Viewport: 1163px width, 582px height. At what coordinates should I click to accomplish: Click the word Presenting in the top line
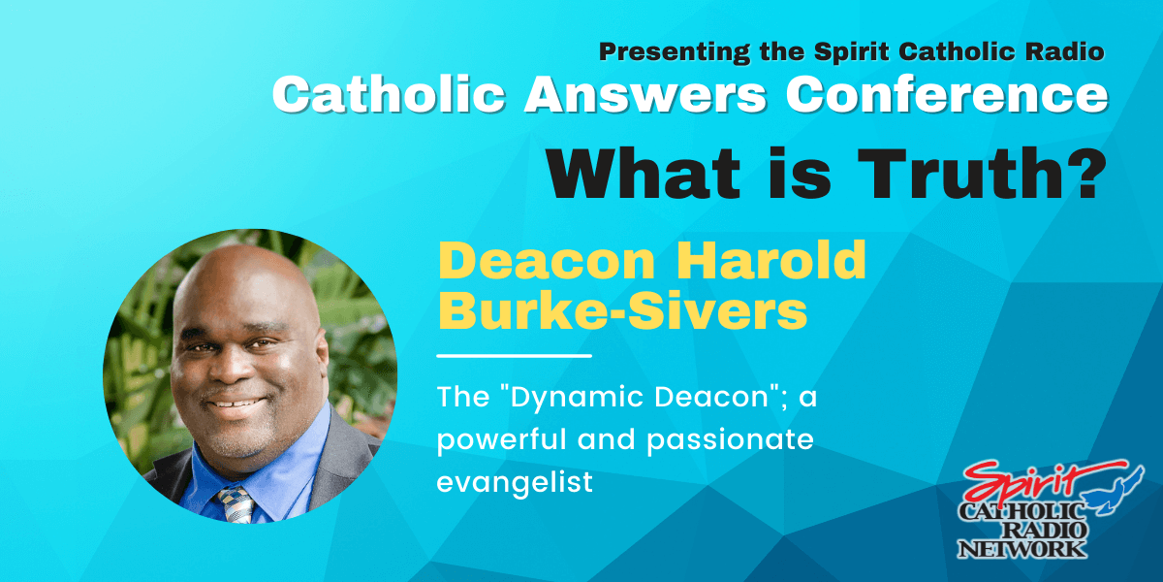point(675,52)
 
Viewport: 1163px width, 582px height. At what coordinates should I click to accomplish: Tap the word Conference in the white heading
point(947,95)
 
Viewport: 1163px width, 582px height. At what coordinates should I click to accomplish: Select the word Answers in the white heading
point(645,95)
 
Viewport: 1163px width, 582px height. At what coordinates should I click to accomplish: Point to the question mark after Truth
point(1084,173)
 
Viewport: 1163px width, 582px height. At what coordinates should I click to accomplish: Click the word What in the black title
point(644,173)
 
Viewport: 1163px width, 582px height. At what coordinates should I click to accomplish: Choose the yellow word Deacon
point(547,260)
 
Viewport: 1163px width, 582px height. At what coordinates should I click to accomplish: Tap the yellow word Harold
point(770,260)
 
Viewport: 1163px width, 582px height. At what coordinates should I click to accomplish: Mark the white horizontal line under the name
point(514,356)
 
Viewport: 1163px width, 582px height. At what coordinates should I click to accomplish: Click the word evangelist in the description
point(515,483)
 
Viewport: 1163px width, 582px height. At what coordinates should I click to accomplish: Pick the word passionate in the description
point(730,440)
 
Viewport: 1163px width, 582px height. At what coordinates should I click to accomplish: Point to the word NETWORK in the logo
point(1022,549)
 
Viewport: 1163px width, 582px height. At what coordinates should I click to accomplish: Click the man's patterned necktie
point(236,505)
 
